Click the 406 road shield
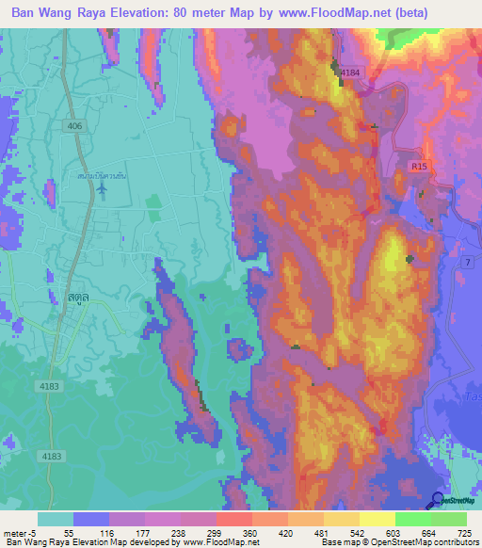click(74, 125)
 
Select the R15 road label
click(419, 166)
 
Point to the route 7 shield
click(468, 271)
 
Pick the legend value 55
click(69, 533)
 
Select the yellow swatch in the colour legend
click(377, 519)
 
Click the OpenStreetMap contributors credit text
click(425, 542)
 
